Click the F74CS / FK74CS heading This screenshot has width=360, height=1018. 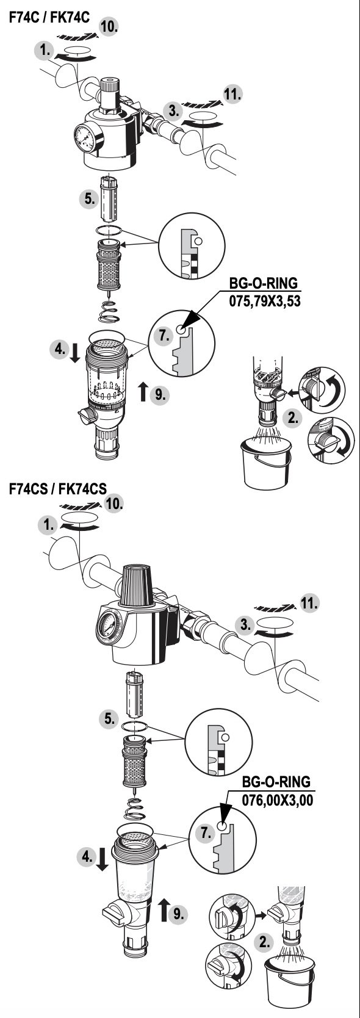tap(58, 488)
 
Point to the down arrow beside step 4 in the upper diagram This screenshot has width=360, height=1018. tap(75, 352)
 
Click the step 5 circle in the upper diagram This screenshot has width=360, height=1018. tap(89, 198)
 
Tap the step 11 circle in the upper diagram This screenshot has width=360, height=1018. tap(232, 95)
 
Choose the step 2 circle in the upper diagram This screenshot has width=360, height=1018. tap(293, 418)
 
